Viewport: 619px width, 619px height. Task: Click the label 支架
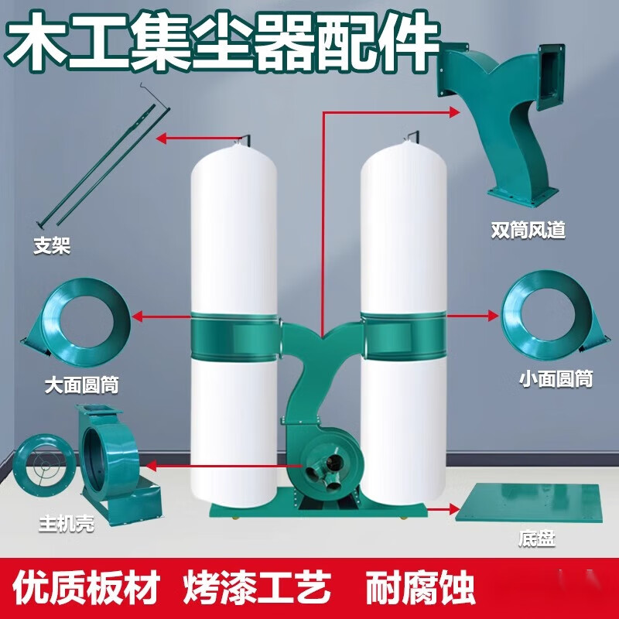pyautogui.click(x=53, y=247)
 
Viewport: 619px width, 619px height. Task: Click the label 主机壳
pyautogui.click(x=67, y=524)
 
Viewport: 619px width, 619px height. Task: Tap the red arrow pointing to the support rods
pyautogui.click(x=194, y=139)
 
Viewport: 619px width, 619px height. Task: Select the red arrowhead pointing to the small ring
pyautogui.click(x=493, y=315)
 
